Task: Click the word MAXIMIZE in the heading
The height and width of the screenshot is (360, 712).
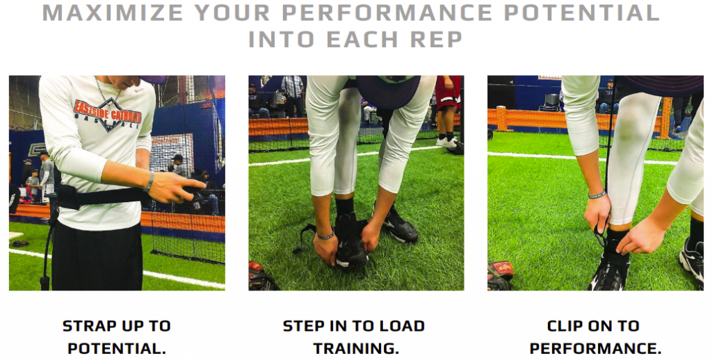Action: [x=113, y=13]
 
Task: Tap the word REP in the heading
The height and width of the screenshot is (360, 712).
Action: [x=437, y=39]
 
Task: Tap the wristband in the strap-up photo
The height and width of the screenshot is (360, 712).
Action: [x=149, y=181]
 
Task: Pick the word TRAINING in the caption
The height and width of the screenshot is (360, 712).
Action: [x=356, y=349]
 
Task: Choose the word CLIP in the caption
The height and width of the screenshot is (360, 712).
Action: [x=566, y=326]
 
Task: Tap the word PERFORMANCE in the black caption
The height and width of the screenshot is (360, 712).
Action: [x=595, y=349]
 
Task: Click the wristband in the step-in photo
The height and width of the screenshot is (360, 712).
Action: [x=325, y=235]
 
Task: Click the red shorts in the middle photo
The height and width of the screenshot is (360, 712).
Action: [x=448, y=93]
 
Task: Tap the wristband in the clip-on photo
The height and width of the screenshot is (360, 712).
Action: [x=597, y=195]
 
